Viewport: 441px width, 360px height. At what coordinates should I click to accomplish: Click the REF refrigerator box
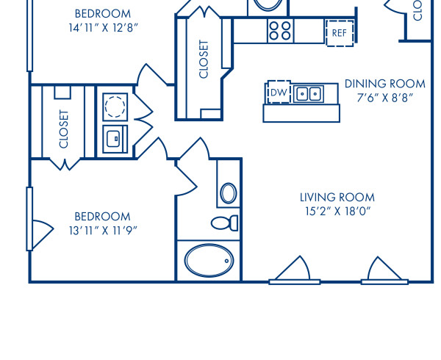click(x=339, y=33)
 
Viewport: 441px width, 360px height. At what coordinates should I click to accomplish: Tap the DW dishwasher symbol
click(x=278, y=93)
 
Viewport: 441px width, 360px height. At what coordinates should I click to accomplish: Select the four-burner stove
click(x=280, y=30)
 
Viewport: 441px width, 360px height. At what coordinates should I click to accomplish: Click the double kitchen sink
click(x=309, y=94)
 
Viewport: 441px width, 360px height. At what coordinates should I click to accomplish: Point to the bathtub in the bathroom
click(x=209, y=259)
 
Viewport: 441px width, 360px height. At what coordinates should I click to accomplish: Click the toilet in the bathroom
click(x=223, y=223)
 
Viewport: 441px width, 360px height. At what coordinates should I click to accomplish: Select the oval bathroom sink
click(x=229, y=193)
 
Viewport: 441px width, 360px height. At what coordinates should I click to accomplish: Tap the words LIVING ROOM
click(x=337, y=197)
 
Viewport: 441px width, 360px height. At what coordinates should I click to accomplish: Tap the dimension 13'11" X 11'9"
click(x=102, y=229)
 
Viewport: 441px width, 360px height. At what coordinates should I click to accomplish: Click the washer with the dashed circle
click(x=115, y=107)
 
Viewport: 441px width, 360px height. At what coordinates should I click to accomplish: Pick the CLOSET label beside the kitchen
click(x=204, y=59)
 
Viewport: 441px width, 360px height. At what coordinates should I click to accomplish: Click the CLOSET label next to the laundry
click(x=64, y=129)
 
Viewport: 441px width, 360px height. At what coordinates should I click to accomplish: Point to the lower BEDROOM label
click(x=102, y=216)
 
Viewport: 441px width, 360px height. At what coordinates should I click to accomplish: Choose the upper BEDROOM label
click(x=102, y=13)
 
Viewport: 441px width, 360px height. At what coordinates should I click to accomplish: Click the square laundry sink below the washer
click(x=115, y=138)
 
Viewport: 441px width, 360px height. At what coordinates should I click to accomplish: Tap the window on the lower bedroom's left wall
click(x=30, y=217)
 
